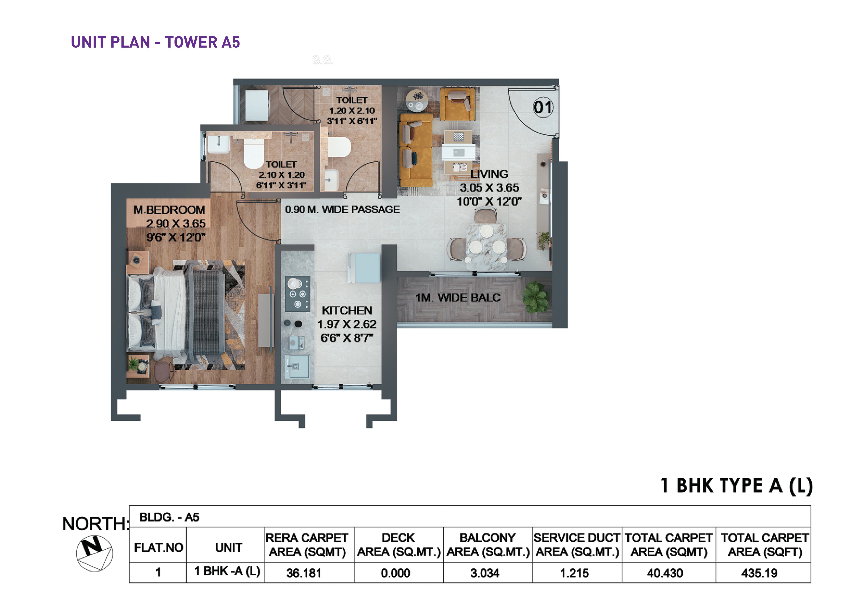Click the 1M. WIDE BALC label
(458, 298)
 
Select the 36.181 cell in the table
(304, 573)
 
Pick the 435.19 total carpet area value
(759, 573)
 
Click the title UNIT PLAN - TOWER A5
(155, 42)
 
